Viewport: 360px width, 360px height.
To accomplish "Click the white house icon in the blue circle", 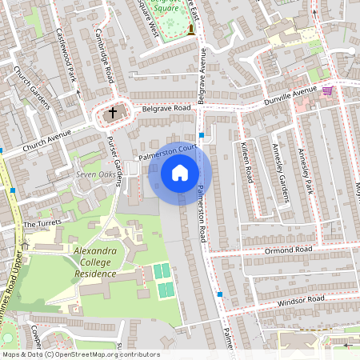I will point(180,173).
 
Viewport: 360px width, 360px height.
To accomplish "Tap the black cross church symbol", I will point(112,114).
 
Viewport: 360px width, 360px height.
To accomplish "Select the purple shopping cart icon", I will point(327,90).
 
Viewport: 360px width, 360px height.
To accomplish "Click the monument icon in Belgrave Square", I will point(191,30).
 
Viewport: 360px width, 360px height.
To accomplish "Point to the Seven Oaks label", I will point(96,175).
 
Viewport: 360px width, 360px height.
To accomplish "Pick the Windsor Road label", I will point(302,299).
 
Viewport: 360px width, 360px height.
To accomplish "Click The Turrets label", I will point(42,224).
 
